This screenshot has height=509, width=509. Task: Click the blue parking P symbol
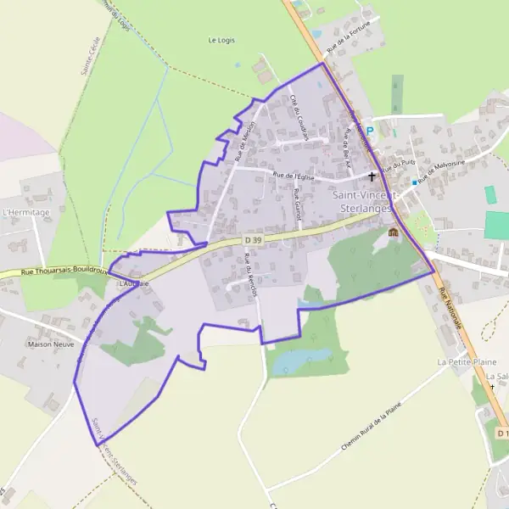point(370,131)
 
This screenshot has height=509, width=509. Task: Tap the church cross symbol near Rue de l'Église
point(372,176)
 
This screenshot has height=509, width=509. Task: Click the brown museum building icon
point(393,232)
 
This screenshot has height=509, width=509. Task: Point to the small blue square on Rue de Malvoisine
point(414,182)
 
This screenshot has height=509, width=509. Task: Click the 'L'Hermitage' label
point(26,212)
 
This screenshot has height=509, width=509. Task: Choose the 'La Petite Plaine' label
point(467,361)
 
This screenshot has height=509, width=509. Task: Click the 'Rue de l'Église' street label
point(294,176)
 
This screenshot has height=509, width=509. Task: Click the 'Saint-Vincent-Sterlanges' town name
point(362,202)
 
